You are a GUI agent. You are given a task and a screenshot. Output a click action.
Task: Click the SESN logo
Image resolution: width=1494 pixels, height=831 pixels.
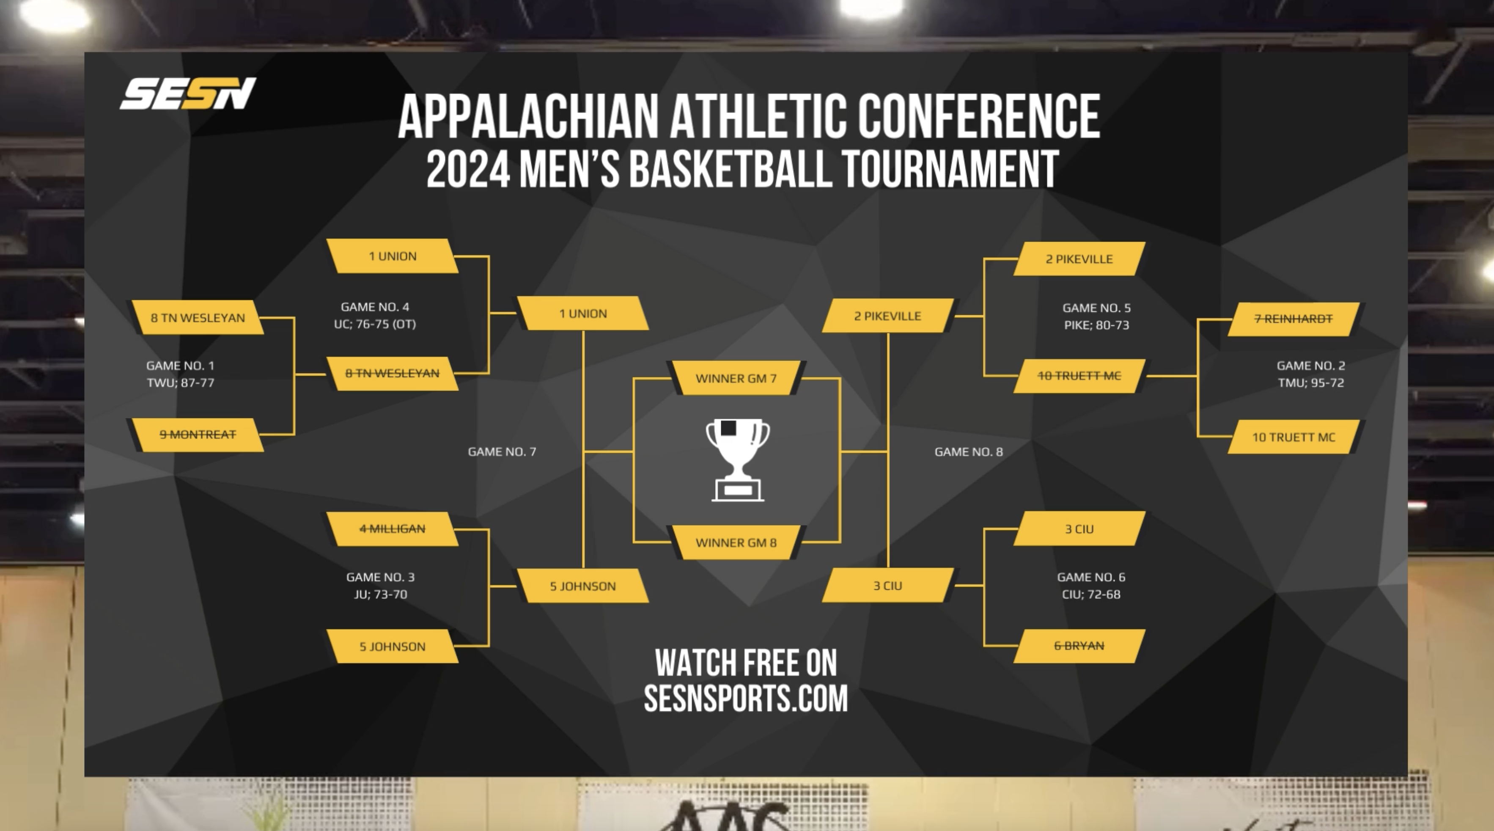[187, 94]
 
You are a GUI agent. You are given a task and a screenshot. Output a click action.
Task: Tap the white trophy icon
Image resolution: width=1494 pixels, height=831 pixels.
[737, 459]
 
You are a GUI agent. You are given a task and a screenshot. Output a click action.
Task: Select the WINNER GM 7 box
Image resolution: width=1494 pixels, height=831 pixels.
[736, 378]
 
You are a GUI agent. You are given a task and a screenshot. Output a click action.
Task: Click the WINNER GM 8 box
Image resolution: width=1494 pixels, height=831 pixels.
[736, 542]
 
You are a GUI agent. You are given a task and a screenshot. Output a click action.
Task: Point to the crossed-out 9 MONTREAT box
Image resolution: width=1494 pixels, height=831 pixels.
[197, 435]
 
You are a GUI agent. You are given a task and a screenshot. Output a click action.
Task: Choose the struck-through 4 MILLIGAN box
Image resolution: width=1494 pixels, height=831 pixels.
[392, 528]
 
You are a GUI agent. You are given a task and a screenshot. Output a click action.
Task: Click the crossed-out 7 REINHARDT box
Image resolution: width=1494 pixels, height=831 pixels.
[1294, 319]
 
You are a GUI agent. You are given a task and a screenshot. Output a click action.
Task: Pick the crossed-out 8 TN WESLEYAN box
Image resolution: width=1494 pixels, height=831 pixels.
[392, 373]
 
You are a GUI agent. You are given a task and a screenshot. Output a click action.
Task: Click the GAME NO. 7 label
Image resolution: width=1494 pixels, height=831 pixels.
[502, 451]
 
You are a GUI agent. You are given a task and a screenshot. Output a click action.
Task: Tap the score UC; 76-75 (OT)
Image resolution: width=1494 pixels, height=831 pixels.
[375, 324]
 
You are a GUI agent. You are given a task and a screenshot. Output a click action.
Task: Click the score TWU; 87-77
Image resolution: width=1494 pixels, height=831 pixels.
[180, 383]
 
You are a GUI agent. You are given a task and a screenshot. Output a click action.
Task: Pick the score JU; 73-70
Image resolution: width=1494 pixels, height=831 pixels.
[380, 594]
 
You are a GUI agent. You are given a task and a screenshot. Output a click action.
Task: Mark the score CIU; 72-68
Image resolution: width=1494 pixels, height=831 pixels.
[1090, 594]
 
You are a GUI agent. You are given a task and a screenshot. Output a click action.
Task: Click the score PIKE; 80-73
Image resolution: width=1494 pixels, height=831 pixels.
[1096, 325]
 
